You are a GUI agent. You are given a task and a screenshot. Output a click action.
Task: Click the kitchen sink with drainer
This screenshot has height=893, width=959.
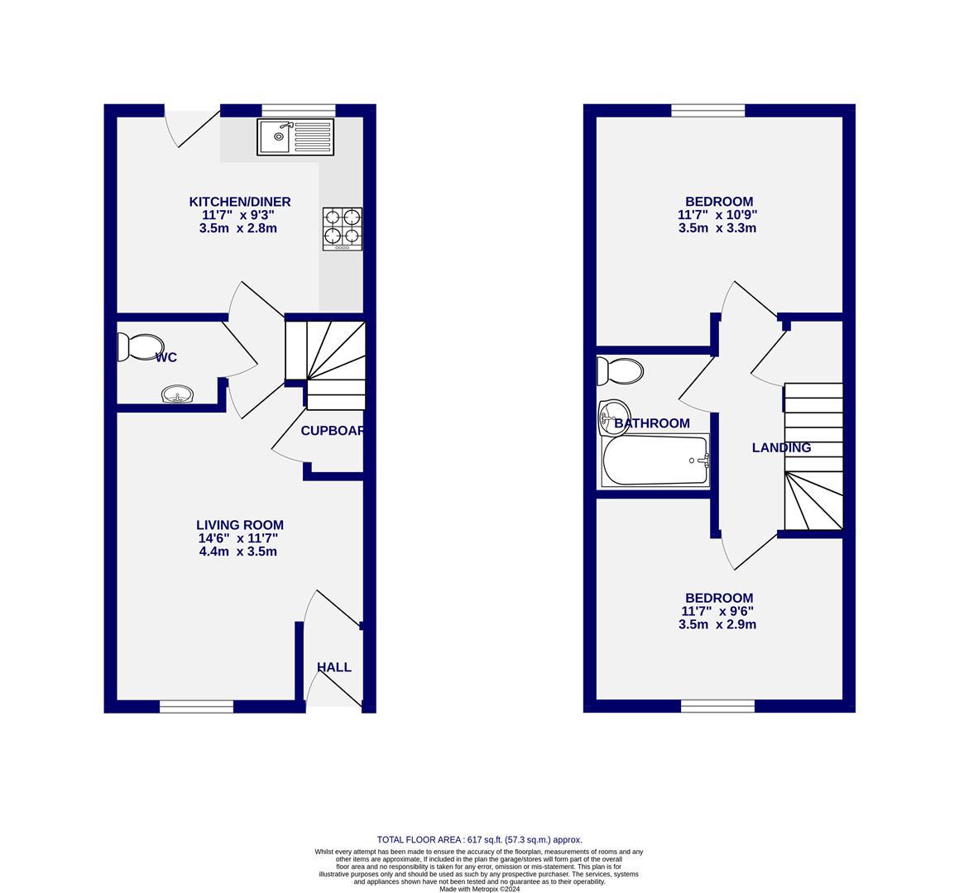pyautogui.click(x=295, y=136)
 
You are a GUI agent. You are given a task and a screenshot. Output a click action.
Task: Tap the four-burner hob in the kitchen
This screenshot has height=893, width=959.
pyautogui.click(x=342, y=228)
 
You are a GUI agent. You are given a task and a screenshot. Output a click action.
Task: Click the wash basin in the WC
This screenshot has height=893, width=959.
pyautogui.click(x=177, y=394)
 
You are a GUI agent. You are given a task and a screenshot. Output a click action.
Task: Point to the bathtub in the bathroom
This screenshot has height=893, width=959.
pyautogui.click(x=655, y=461)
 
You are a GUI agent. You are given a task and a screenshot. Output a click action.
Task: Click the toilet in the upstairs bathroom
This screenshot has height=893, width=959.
pyautogui.click(x=621, y=371)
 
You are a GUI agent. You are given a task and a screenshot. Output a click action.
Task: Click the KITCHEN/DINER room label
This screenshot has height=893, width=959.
pyautogui.click(x=240, y=202)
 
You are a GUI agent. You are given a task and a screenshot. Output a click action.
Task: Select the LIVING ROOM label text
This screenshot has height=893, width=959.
pyautogui.click(x=240, y=524)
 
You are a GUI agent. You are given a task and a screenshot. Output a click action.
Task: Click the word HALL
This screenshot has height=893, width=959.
pyautogui.click(x=334, y=667)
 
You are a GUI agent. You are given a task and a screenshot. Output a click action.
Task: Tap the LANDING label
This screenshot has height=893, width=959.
pyautogui.click(x=781, y=447)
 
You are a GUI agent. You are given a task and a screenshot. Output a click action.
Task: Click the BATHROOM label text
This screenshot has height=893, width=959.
pyautogui.click(x=652, y=423)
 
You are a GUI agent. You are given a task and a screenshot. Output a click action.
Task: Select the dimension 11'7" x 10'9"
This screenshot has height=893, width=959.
pyautogui.click(x=717, y=215)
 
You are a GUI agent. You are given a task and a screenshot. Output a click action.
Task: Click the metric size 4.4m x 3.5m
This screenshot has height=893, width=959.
pyautogui.click(x=238, y=551)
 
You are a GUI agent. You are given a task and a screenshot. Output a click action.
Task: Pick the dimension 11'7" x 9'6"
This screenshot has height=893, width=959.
pyautogui.click(x=717, y=611)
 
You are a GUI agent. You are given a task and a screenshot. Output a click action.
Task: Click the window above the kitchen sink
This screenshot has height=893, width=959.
pyautogui.click(x=298, y=110)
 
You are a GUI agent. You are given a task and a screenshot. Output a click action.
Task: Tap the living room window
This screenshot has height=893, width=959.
pyautogui.click(x=196, y=706)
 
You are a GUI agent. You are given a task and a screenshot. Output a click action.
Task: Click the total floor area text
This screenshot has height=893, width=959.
pyautogui.click(x=479, y=839)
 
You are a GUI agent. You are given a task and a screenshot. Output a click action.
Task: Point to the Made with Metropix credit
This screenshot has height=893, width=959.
pyautogui.click(x=479, y=889)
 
